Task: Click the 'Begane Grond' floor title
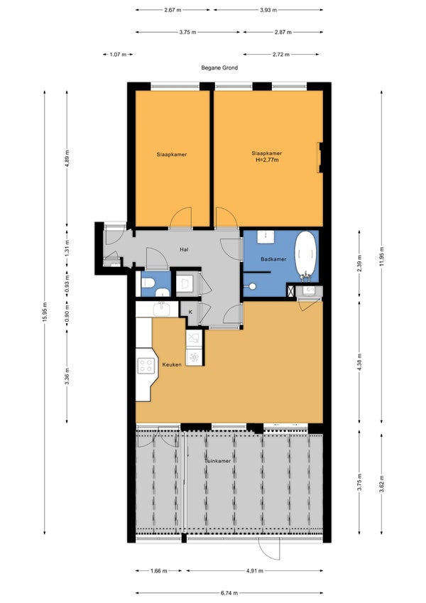click(x=219, y=67)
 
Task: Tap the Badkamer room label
click(x=273, y=259)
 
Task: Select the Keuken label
click(x=172, y=364)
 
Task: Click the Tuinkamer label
click(x=217, y=461)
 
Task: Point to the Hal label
click(x=184, y=249)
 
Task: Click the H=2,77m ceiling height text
click(x=267, y=160)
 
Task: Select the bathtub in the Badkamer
click(x=306, y=254)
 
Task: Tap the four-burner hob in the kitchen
click(x=146, y=365)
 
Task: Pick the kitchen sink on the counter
click(x=162, y=308)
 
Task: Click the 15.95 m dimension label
click(x=44, y=313)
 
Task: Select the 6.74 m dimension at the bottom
click(x=229, y=592)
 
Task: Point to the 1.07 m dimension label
click(x=118, y=55)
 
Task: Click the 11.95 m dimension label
click(x=382, y=256)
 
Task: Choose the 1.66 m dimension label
click(x=158, y=571)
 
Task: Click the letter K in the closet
click(x=190, y=312)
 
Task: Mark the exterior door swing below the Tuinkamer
click(x=269, y=549)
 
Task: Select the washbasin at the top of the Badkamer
click(x=265, y=237)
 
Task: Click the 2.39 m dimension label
click(x=359, y=263)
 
